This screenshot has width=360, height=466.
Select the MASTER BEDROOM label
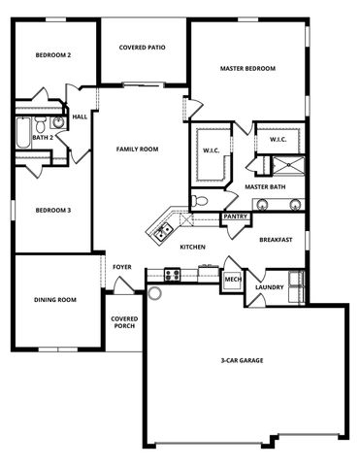coord(247,68)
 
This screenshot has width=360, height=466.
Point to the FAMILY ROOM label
coord(137,149)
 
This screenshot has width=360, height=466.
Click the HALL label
coord(80,116)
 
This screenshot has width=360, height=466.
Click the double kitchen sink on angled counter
coord(161,230)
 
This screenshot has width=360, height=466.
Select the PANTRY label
coord(235,216)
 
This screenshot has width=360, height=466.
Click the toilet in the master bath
coord(199,201)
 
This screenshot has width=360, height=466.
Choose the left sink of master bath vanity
coord(260,204)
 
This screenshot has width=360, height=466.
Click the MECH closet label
coord(233,280)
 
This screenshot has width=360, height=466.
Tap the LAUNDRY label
coord(269,287)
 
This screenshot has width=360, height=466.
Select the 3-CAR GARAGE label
coord(242,360)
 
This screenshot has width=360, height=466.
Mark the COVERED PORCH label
coord(124,321)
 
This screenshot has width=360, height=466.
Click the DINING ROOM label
coord(54,300)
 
